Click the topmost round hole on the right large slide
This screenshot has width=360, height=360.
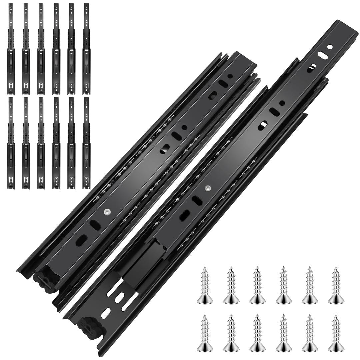coord(330,47)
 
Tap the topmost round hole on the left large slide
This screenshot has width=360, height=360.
coord(230,76)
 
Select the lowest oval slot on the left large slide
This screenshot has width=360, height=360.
coord(81,240)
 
